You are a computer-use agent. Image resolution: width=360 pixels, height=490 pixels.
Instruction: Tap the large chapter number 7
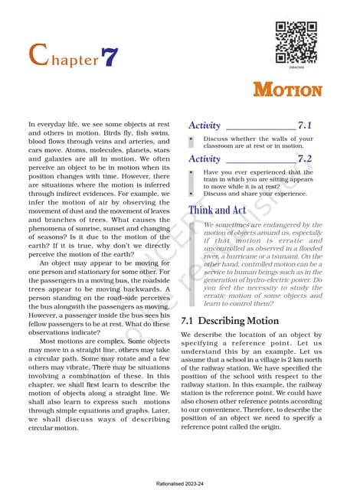tap(110, 57)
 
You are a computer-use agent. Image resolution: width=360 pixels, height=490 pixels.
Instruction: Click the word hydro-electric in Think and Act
tap(273, 282)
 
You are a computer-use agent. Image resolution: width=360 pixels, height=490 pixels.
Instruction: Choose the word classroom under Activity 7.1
tap(221, 146)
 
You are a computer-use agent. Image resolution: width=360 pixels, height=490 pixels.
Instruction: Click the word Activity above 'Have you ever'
tap(205, 158)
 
